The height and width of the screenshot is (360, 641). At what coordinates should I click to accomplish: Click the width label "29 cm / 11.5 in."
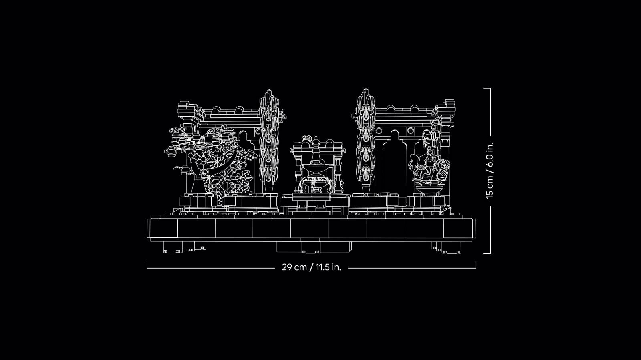(311, 267)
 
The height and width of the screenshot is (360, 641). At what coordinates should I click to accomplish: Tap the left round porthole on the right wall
(379, 131)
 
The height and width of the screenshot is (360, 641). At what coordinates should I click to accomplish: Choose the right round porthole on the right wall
(411, 131)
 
